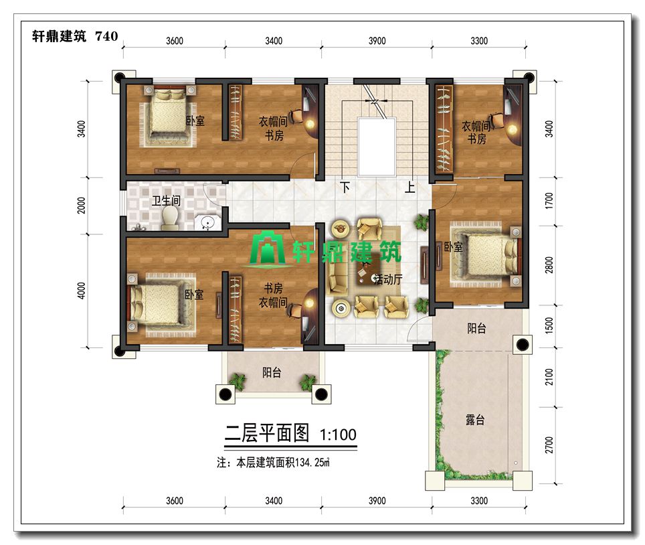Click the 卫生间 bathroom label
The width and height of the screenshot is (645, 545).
166,201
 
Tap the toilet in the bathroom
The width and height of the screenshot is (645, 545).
170,218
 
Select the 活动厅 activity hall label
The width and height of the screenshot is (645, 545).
388,279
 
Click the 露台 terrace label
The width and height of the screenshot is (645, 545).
475,420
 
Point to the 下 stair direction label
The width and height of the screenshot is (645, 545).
345,187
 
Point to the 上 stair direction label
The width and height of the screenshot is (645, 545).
409,187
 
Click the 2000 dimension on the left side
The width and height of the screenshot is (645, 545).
82,206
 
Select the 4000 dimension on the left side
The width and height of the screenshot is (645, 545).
82,291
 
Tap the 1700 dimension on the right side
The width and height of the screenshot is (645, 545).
549,202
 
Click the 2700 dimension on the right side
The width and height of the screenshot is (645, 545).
549,445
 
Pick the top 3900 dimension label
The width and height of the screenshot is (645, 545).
377,41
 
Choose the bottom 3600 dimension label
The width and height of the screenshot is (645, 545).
175,501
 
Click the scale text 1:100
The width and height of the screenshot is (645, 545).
338,435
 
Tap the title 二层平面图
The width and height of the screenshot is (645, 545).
267,433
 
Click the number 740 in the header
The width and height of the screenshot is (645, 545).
106,36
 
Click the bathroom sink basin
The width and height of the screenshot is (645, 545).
207,222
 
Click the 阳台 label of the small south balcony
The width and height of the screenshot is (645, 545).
272,373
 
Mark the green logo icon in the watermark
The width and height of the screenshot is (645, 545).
268,248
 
